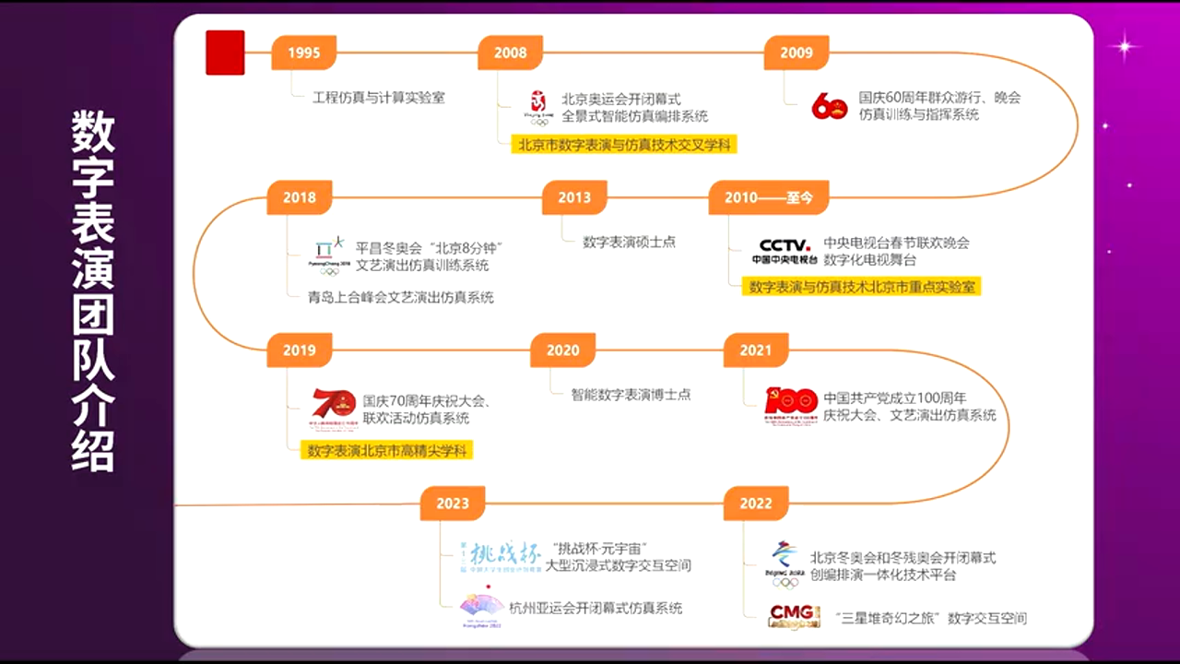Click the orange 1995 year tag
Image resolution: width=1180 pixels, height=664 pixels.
pos(303,53)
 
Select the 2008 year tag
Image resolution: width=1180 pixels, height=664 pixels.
pos(510,53)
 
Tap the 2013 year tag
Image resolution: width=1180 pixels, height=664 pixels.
pos(573,197)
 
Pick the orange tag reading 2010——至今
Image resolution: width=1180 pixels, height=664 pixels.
pos(767,197)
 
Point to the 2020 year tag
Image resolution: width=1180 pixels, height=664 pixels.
pos(562,350)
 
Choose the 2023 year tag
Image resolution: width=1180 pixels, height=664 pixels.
pos(453,504)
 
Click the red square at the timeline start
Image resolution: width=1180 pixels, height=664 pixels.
pos(225,53)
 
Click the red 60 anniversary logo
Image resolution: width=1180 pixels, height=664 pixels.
pos(829,106)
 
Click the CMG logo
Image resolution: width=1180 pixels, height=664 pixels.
pos(794,616)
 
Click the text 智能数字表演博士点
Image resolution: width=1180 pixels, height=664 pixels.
pos(631,394)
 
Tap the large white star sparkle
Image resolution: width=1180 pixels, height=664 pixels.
pos(1124,45)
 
